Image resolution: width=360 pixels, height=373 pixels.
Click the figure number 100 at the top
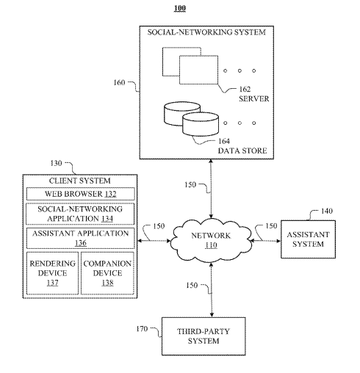click(180, 8)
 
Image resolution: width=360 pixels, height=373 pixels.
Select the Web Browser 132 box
click(80, 194)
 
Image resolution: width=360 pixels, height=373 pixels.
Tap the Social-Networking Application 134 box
click(80, 214)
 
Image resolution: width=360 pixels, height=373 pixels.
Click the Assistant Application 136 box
click(80, 238)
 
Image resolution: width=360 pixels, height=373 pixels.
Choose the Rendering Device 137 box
click(52, 273)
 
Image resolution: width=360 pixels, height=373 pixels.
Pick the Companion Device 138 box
click(107, 273)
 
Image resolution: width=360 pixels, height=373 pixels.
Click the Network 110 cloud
click(211, 240)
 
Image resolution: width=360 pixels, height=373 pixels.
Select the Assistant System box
click(308, 239)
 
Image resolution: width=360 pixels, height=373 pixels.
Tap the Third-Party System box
click(204, 336)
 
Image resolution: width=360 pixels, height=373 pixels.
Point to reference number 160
click(119, 82)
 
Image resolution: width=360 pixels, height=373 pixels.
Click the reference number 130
click(56, 163)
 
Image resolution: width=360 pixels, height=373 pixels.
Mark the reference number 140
click(327, 211)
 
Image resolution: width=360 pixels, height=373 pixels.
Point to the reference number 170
click(142, 329)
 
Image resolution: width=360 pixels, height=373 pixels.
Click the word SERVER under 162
click(254, 98)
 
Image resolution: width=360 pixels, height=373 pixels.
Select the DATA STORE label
click(242, 151)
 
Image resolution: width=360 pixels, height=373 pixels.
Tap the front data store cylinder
click(201, 124)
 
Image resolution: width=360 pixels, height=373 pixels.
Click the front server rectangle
click(198, 70)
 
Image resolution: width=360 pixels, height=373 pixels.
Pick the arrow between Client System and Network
click(154, 241)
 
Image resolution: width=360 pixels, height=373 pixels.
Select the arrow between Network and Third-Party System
click(212, 290)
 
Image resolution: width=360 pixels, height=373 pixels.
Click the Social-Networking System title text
click(206, 32)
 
